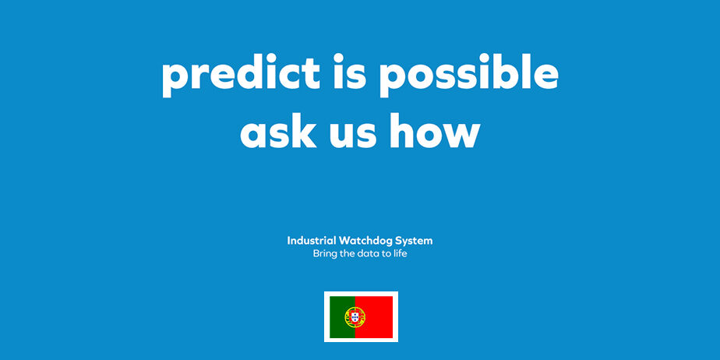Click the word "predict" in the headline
coord(241,76)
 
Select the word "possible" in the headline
coord(469,75)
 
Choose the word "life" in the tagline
coord(400,253)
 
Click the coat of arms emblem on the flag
coord(355,317)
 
